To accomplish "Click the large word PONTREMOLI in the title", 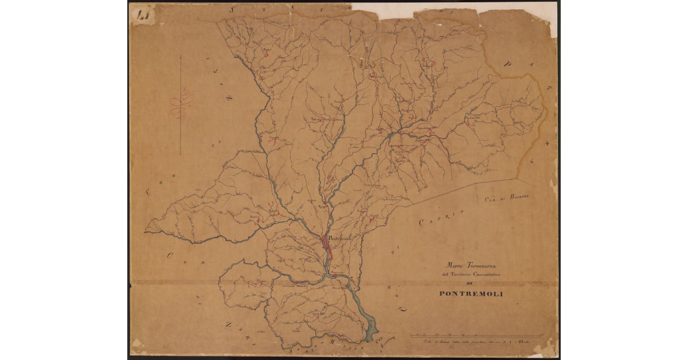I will [x=471, y=294].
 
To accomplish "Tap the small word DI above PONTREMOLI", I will [x=471, y=284].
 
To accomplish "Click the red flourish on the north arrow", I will [x=182, y=104].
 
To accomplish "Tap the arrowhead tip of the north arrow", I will [x=181, y=56].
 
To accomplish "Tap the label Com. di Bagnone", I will [x=506, y=197].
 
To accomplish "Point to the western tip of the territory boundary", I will [x=145, y=231].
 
